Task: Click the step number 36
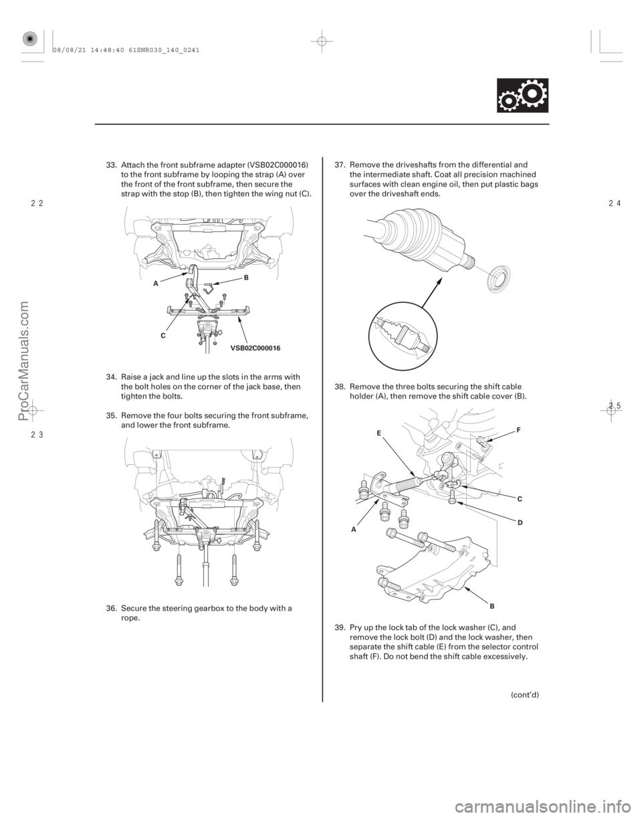[110, 608]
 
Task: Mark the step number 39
[338, 625]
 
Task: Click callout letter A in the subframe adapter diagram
[154, 283]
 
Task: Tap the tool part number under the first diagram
[255, 348]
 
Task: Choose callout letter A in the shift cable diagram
[353, 526]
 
